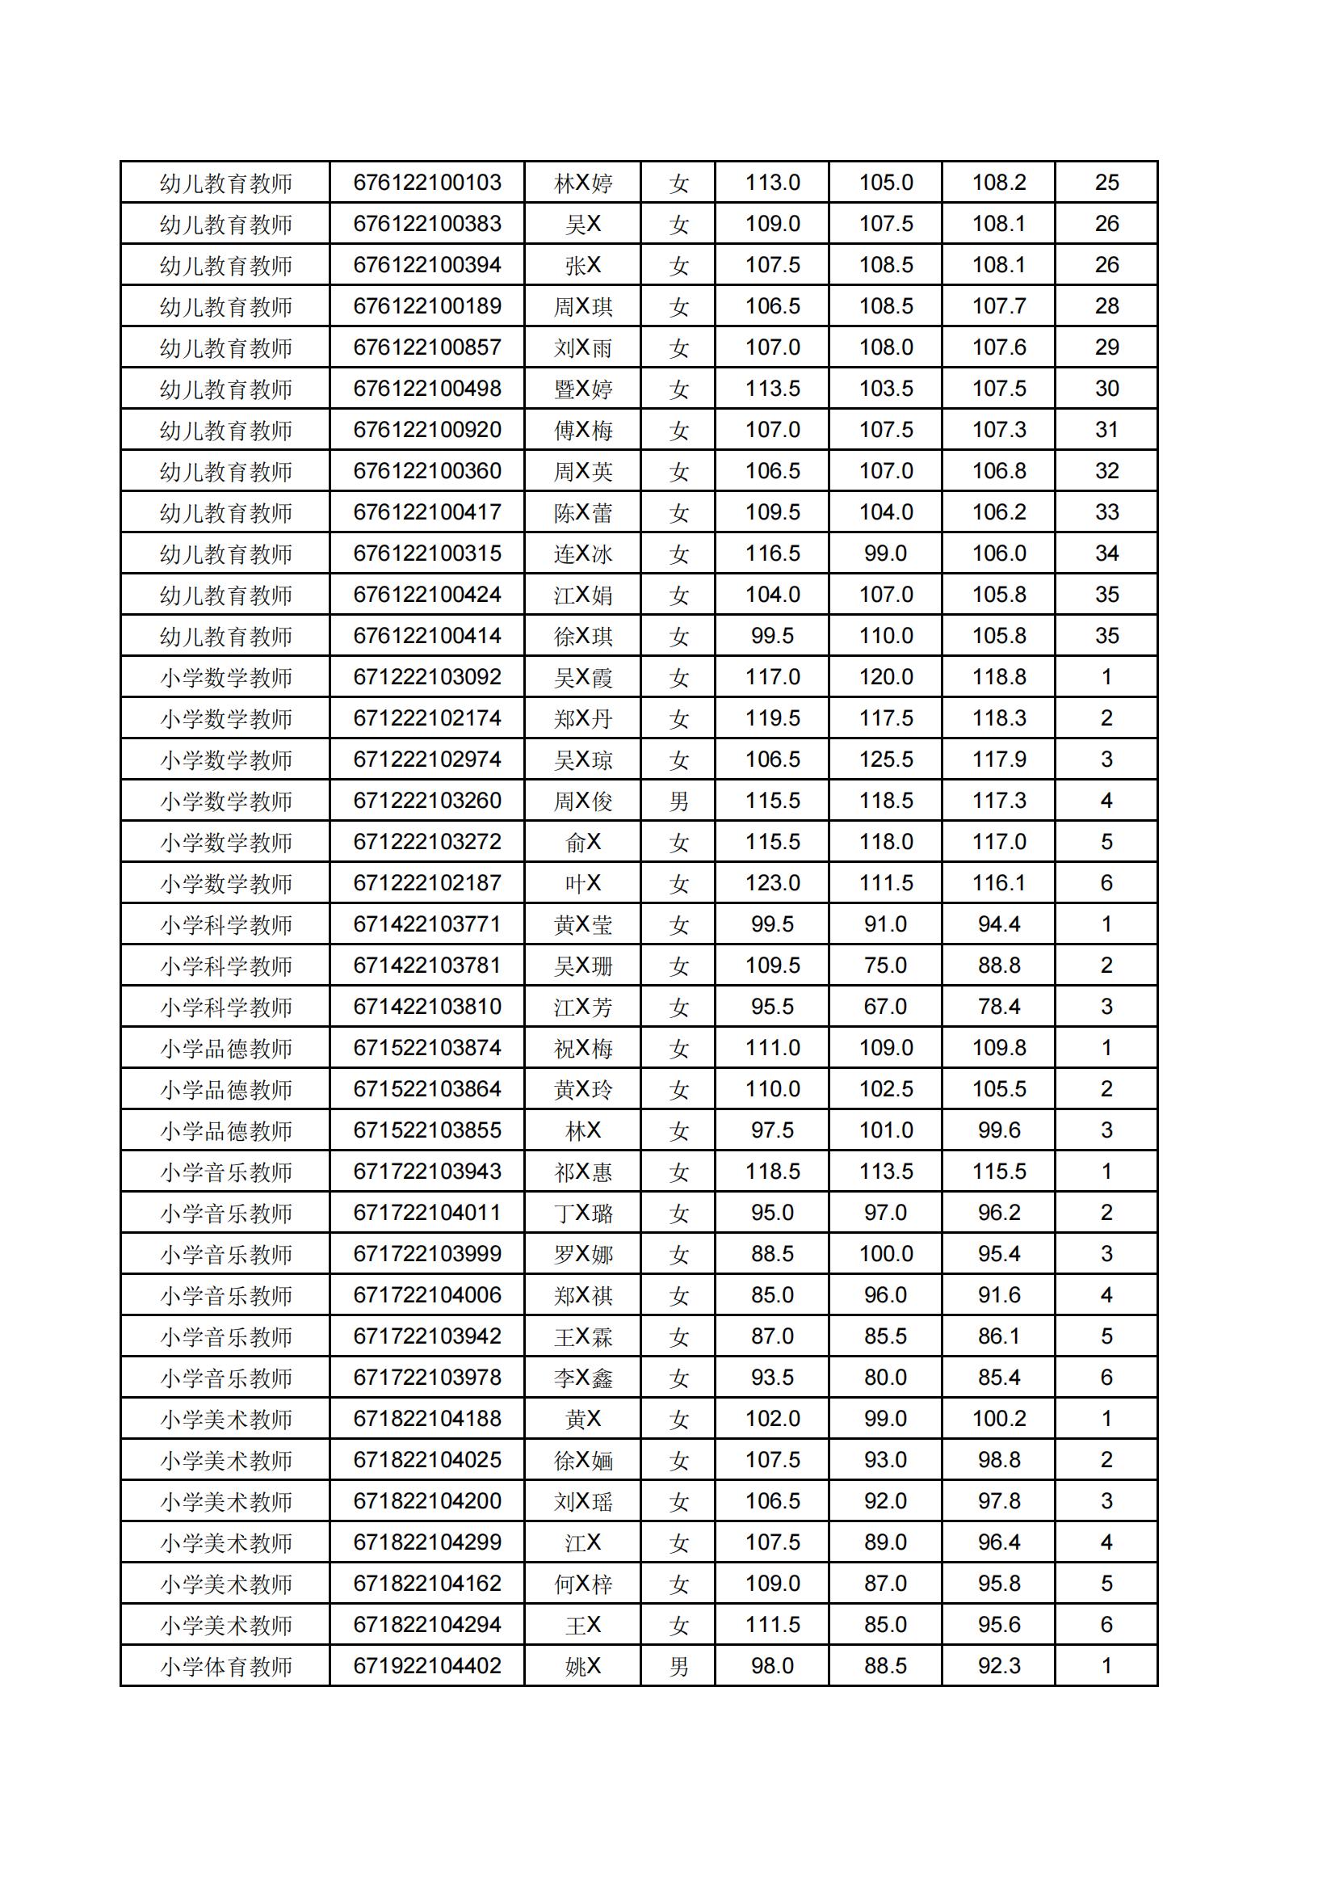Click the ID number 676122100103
tap(427, 183)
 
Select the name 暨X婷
tap(582, 389)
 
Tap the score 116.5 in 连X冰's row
tap(772, 553)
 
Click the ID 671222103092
tap(427, 677)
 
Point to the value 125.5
tap(886, 759)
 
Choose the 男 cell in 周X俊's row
tap(678, 801)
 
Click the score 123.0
tap(772, 883)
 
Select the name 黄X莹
tap(582, 925)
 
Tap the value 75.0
tap(885, 965)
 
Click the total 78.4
tap(998, 1006)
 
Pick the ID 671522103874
tap(427, 1047)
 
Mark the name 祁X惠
tap(582, 1172)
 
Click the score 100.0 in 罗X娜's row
tap(886, 1254)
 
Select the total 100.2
tap(998, 1419)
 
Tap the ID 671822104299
tap(427, 1542)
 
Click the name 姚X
tap(582, 1666)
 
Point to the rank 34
tap(1106, 553)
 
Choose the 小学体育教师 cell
tap(225, 1666)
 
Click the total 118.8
tap(998, 677)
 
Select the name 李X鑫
tap(582, 1378)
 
